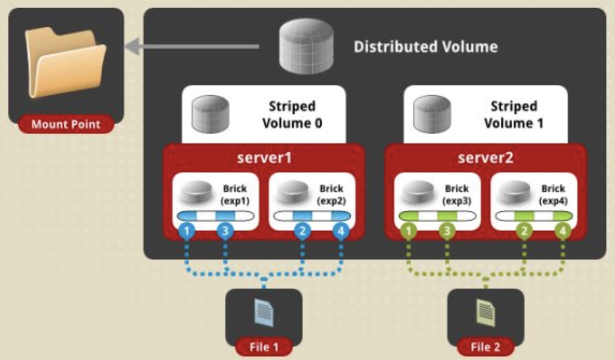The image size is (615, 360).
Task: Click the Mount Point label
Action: (66, 124)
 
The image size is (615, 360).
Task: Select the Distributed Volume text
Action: (425, 47)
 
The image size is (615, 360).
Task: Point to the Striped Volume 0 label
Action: (292, 114)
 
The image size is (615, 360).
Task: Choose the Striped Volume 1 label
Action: (514, 114)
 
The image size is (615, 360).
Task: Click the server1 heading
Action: (264, 158)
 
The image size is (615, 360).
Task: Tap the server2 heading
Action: (486, 158)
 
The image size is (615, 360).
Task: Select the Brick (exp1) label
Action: (235, 195)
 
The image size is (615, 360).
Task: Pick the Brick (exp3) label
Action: (456, 195)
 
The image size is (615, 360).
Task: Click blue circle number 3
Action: (225, 231)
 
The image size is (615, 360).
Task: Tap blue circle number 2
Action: (302, 231)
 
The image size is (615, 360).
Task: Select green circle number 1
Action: (409, 231)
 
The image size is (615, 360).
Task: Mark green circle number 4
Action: (563, 231)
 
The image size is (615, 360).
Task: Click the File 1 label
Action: (264, 347)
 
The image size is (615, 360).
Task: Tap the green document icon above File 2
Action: (485, 313)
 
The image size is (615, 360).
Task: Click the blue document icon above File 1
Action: (264, 313)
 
